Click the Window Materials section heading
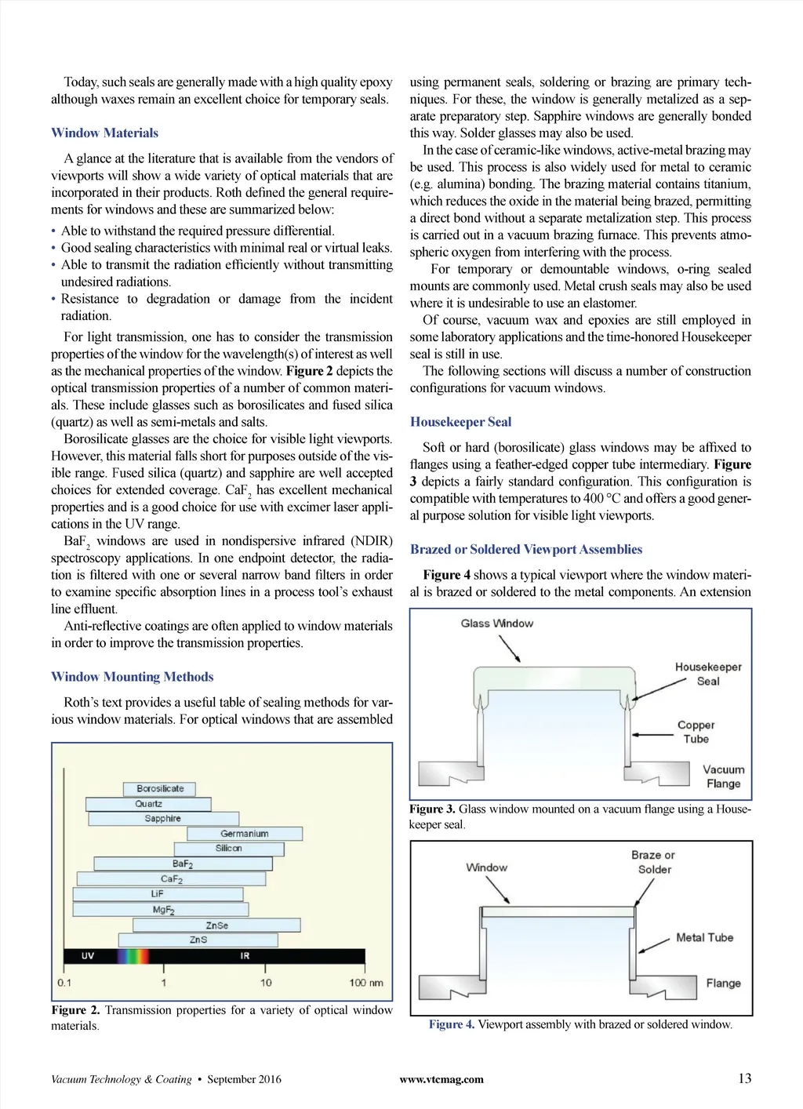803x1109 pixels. click(x=104, y=133)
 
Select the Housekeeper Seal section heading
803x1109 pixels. click(x=460, y=422)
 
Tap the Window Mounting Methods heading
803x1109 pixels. click(x=132, y=677)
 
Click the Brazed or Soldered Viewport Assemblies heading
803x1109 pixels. click(x=525, y=549)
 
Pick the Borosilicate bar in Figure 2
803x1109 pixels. click(x=159, y=789)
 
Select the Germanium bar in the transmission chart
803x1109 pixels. click(x=245, y=834)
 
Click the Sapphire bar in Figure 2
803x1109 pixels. click(x=163, y=819)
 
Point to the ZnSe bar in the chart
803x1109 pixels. click(x=217, y=925)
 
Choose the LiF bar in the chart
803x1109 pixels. click(x=158, y=894)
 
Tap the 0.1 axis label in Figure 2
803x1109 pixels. click(x=64, y=983)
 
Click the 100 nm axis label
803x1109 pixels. click(x=366, y=983)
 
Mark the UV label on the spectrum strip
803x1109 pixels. click(x=88, y=956)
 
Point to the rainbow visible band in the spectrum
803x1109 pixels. click(x=133, y=956)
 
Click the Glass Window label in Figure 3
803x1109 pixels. click(x=496, y=624)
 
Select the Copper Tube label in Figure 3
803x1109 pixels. click(x=696, y=732)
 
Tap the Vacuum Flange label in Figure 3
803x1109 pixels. click(x=723, y=776)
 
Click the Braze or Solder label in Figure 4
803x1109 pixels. click(x=653, y=862)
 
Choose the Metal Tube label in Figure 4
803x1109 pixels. click(x=704, y=937)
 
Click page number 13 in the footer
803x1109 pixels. click(x=744, y=1078)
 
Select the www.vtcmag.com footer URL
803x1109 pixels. click(x=441, y=1079)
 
